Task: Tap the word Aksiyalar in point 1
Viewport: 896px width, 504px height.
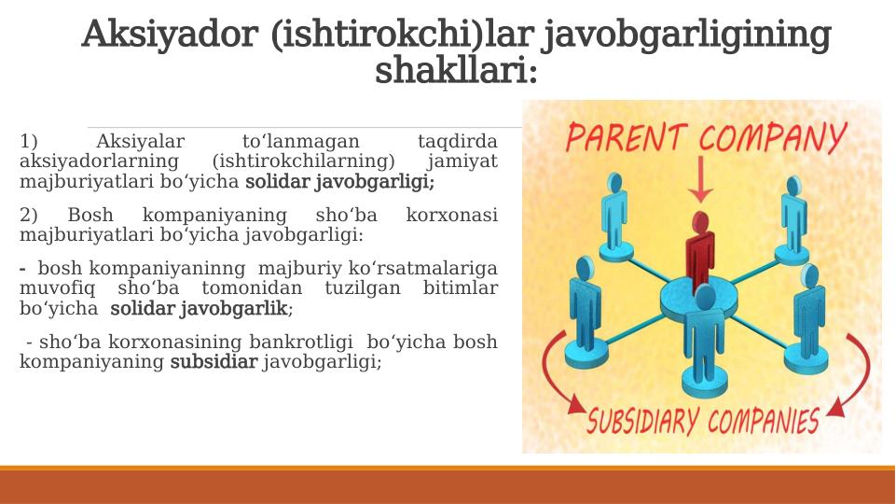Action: (x=140, y=142)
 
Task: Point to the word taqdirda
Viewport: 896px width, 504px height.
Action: (x=457, y=142)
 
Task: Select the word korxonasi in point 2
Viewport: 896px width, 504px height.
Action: (x=451, y=216)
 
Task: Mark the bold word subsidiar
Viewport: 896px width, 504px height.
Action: (x=214, y=362)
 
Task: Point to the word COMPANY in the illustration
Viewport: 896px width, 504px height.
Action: (x=773, y=140)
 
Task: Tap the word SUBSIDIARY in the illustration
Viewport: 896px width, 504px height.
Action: (x=642, y=422)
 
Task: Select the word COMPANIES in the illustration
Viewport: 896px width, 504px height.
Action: (x=764, y=421)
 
